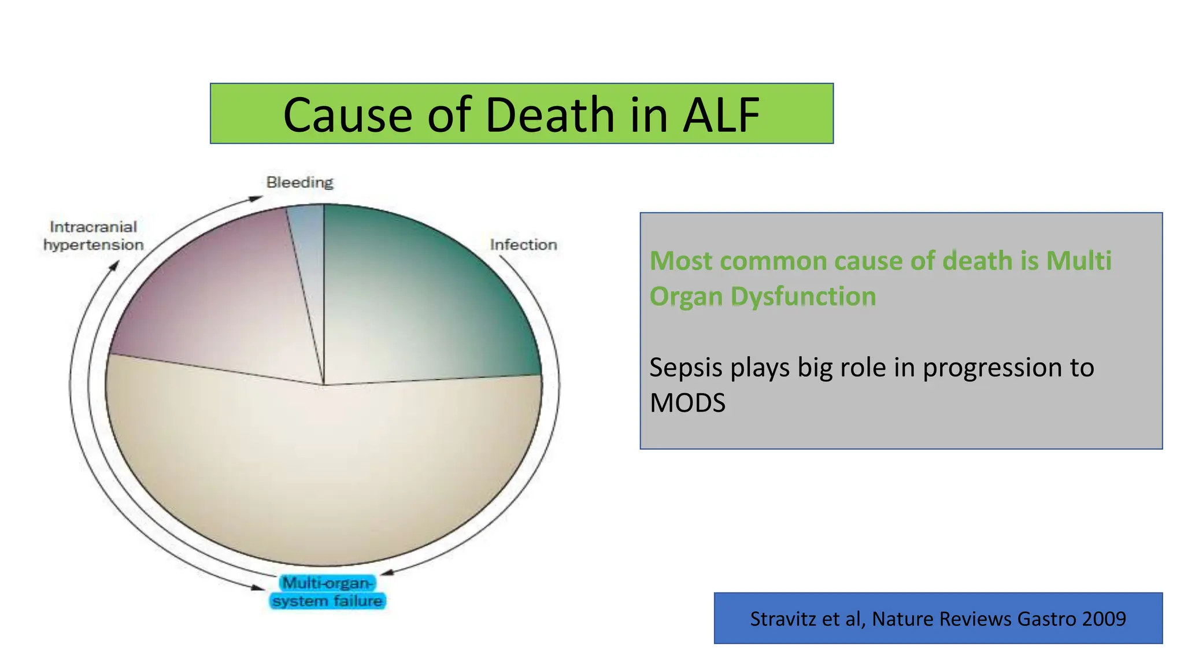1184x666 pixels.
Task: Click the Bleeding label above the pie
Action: pos(299,182)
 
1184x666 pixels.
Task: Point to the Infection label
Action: pos(523,245)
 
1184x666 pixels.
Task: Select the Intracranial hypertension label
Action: pos(93,236)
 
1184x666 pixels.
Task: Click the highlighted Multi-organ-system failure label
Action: pos(327,592)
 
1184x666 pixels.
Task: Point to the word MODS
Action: pos(687,403)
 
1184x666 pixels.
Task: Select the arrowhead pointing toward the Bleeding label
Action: pos(256,198)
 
